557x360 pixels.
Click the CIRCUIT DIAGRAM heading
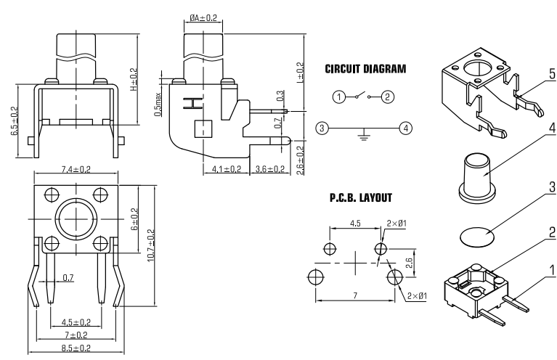(365, 69)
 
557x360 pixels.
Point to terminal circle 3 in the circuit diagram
(322, 128)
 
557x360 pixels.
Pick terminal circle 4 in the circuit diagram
(405, 128)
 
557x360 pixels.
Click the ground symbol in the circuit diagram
(363, 134)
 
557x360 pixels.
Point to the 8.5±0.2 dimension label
(75, 348)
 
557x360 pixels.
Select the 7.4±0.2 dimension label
(75, 169)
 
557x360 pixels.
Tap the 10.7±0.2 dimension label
(150, 247)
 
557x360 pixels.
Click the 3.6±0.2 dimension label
(270, 169)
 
